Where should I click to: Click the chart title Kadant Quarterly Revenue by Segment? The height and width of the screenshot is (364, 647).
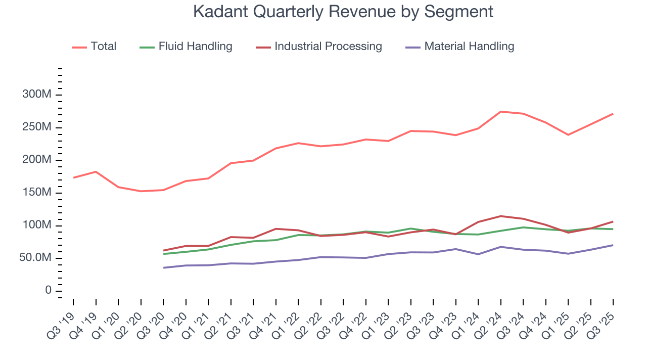343,12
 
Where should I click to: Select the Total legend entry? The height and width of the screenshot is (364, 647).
94,47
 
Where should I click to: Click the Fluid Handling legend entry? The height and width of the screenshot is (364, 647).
186,47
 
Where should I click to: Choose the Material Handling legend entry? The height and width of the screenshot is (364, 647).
460,47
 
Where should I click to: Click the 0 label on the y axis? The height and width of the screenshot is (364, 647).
48,290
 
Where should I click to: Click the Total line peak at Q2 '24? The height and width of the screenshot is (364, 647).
500,112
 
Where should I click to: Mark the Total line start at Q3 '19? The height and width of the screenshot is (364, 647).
73,177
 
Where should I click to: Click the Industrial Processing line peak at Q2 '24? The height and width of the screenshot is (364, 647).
500,216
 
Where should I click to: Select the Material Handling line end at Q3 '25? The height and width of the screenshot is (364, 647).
613,245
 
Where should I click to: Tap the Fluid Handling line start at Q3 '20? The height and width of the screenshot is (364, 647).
163,254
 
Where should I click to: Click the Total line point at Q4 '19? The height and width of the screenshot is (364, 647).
96,171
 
